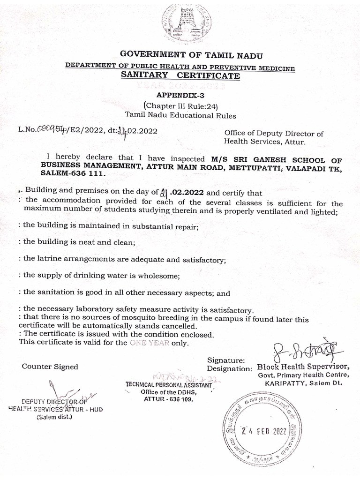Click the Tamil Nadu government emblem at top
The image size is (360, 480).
[x=186, y=24]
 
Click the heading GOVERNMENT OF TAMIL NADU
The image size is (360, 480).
[x=180, y=56]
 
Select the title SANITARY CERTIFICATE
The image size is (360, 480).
[x=180, y=76]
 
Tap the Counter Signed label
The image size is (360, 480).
[x=50, y=367]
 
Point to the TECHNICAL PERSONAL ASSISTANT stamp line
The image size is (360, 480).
[x=168, y=384]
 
